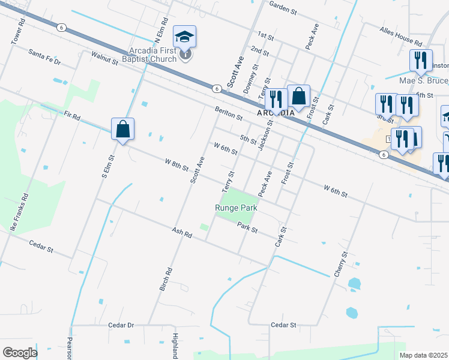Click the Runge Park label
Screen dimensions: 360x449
point(236,209)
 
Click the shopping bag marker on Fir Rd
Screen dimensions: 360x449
point(122,128)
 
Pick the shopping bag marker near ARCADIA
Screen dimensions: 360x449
point(298,95)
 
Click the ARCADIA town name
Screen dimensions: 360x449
point(276,113)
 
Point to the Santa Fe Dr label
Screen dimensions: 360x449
point(45,56)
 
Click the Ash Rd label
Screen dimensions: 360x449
point(181,233)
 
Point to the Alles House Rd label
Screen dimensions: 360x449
point(401,35)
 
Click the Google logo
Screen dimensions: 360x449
point(20,353)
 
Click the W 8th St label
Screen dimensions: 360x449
point(177,163)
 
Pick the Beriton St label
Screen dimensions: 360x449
point(229,112)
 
